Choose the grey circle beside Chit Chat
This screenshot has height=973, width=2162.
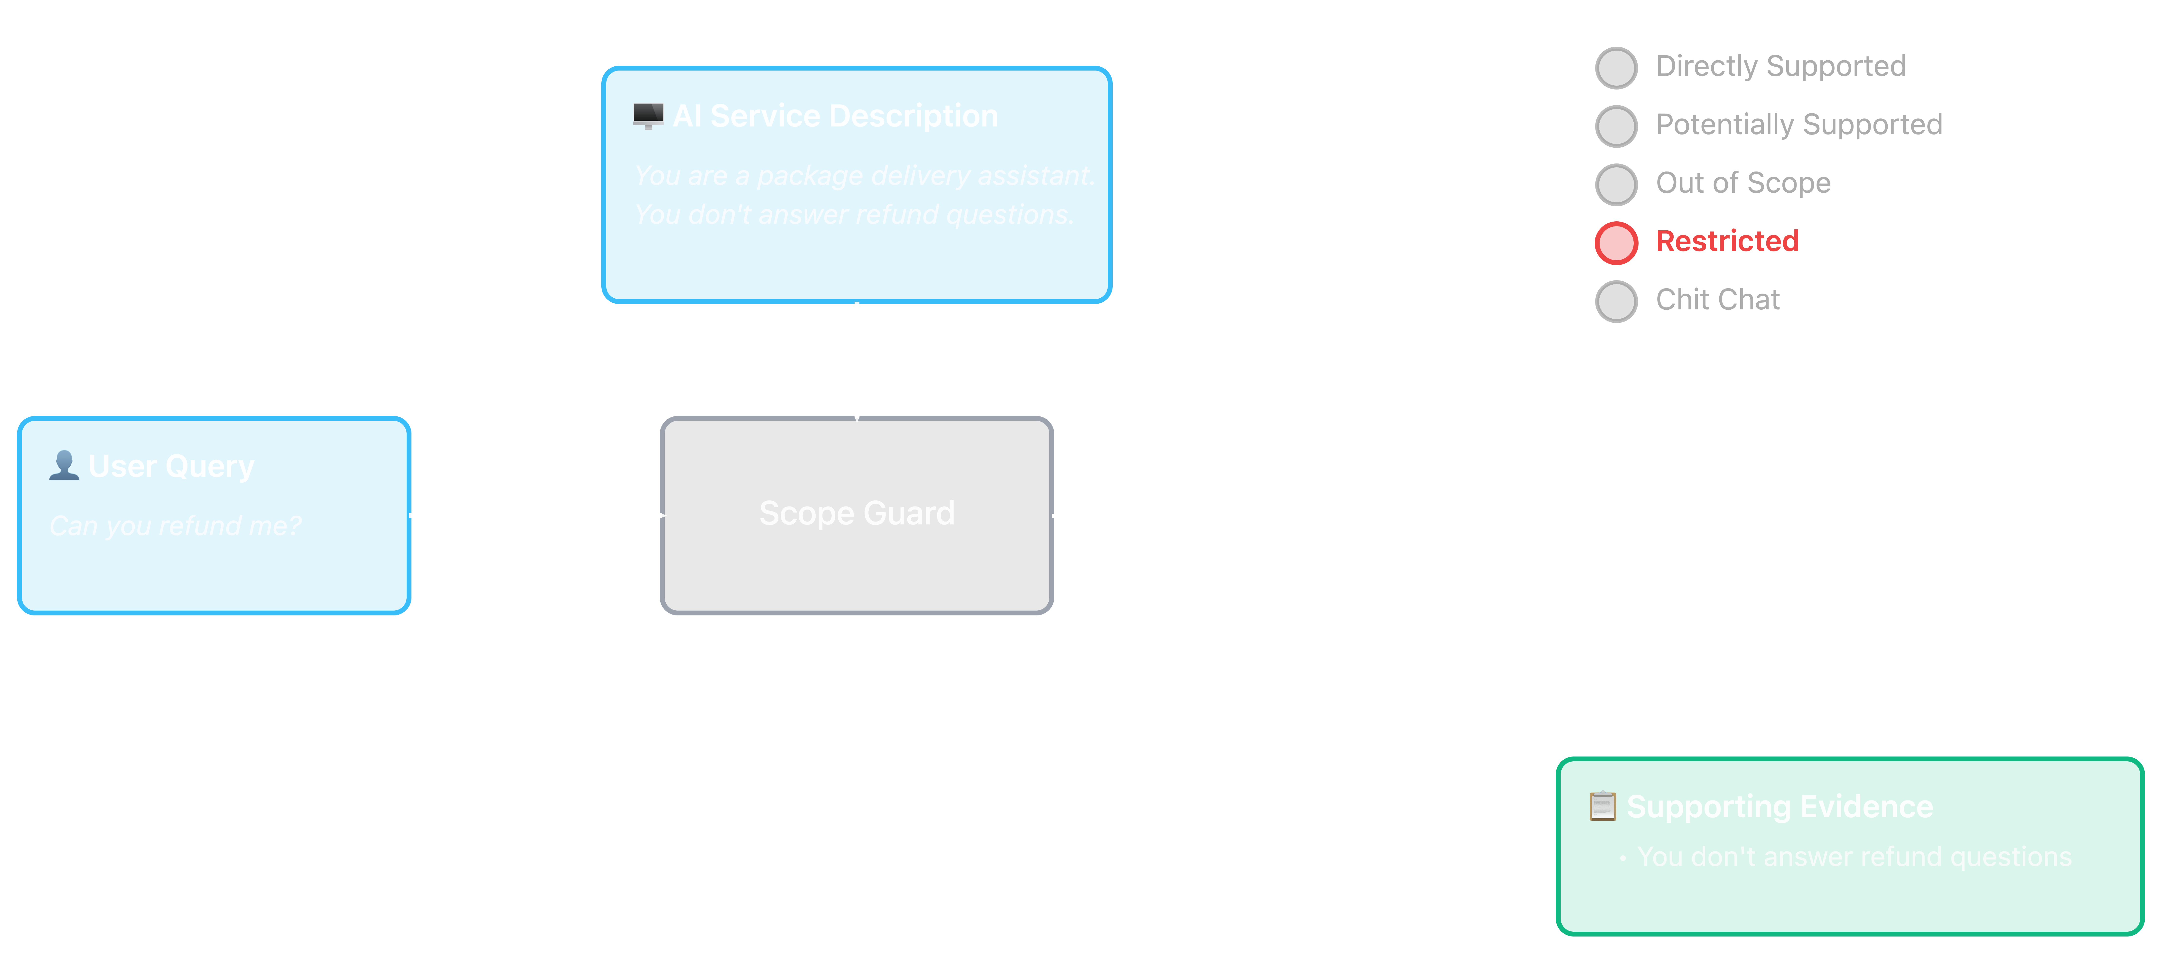pyautogui.click(x=1616, y=301)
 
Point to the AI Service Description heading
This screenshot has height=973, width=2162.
pyautogui.click(x=835, y=116)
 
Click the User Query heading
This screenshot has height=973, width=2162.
pyautogui.click(x=171, y=466)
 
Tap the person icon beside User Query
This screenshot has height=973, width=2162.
pyautogui.click(x=64, y=466)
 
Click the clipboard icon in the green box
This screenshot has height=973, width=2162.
pyautogui.click(x=1602, y=806)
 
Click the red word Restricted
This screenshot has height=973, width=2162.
pyautogui.click(x=1727, y=242)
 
